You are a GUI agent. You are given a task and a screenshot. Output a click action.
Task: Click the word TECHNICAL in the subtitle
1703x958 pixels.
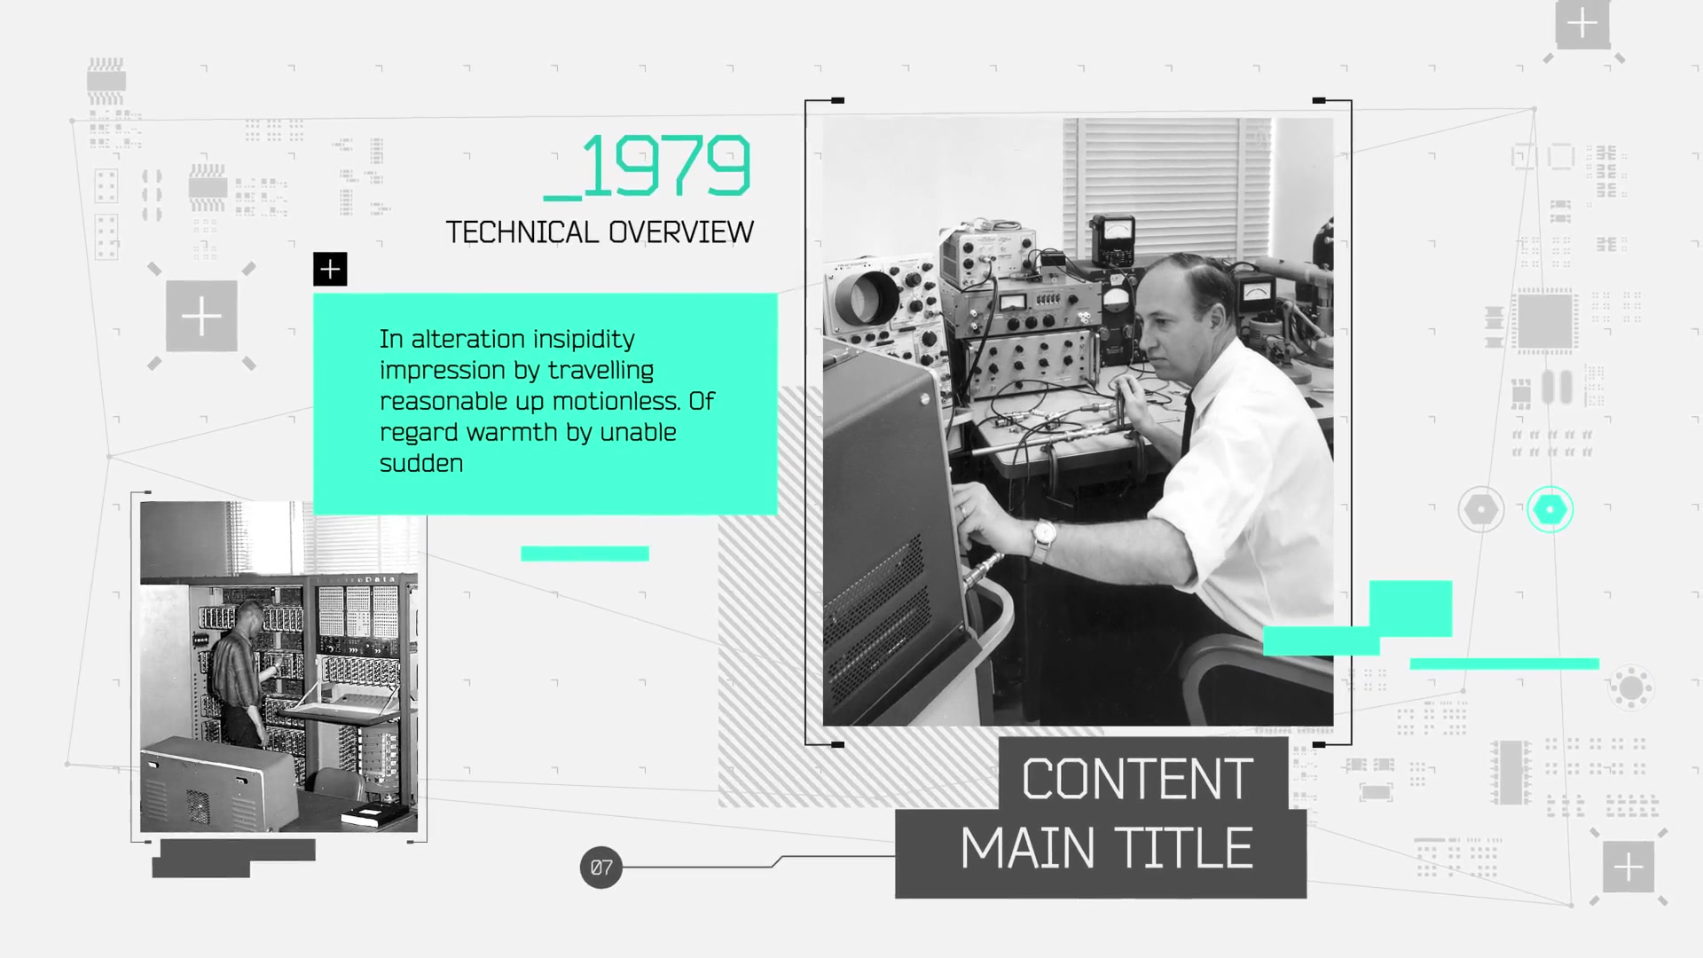coord(522,232)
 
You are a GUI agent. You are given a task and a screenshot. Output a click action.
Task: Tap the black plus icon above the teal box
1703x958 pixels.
coord(330,269)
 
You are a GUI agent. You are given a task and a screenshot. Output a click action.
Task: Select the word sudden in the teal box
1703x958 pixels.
coord(421,463)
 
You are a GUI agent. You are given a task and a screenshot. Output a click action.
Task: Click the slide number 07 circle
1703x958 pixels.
coord(601,868)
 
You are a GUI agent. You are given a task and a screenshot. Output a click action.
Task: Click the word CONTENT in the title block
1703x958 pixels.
coord(1137,779)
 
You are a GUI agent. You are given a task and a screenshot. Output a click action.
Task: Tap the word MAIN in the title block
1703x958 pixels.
coord(1028,848)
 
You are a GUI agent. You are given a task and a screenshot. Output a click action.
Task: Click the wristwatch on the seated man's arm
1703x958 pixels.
coord(1043,536)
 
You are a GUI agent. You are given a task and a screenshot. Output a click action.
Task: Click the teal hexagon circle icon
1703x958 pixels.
coord(1550,509)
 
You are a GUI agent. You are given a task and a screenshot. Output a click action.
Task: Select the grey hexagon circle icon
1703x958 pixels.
coord(1480,509)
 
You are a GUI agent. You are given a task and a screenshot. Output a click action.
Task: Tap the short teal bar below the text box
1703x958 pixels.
coord(585,554)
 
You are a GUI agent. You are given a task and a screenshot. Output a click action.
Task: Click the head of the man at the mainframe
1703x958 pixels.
coord(250,615)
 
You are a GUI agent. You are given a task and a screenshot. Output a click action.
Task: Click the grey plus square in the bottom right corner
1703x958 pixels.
coord(1628,867)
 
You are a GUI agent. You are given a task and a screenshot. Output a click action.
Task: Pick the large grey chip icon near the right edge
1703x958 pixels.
coord(1545,320)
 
